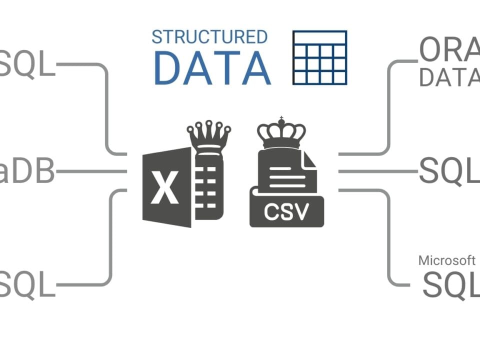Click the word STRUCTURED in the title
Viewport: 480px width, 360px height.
(209, 37)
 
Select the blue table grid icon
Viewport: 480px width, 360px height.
(319, 57)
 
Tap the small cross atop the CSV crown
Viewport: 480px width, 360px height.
(281, 118)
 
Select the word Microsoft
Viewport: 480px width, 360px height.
(446, 260)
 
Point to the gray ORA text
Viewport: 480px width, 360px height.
(448, 50)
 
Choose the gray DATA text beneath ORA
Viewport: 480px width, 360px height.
(448, 77)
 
